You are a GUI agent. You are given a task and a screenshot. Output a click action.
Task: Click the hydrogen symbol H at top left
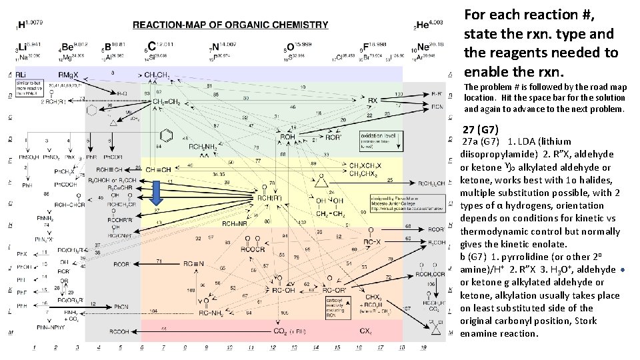(x=23, y=25)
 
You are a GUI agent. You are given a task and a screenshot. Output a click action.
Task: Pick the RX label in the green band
(x=373, y=101)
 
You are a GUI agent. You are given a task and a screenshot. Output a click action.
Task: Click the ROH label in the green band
(x=287, y=137)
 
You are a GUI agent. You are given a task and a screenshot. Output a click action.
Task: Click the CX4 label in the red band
(x=366, y=331)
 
